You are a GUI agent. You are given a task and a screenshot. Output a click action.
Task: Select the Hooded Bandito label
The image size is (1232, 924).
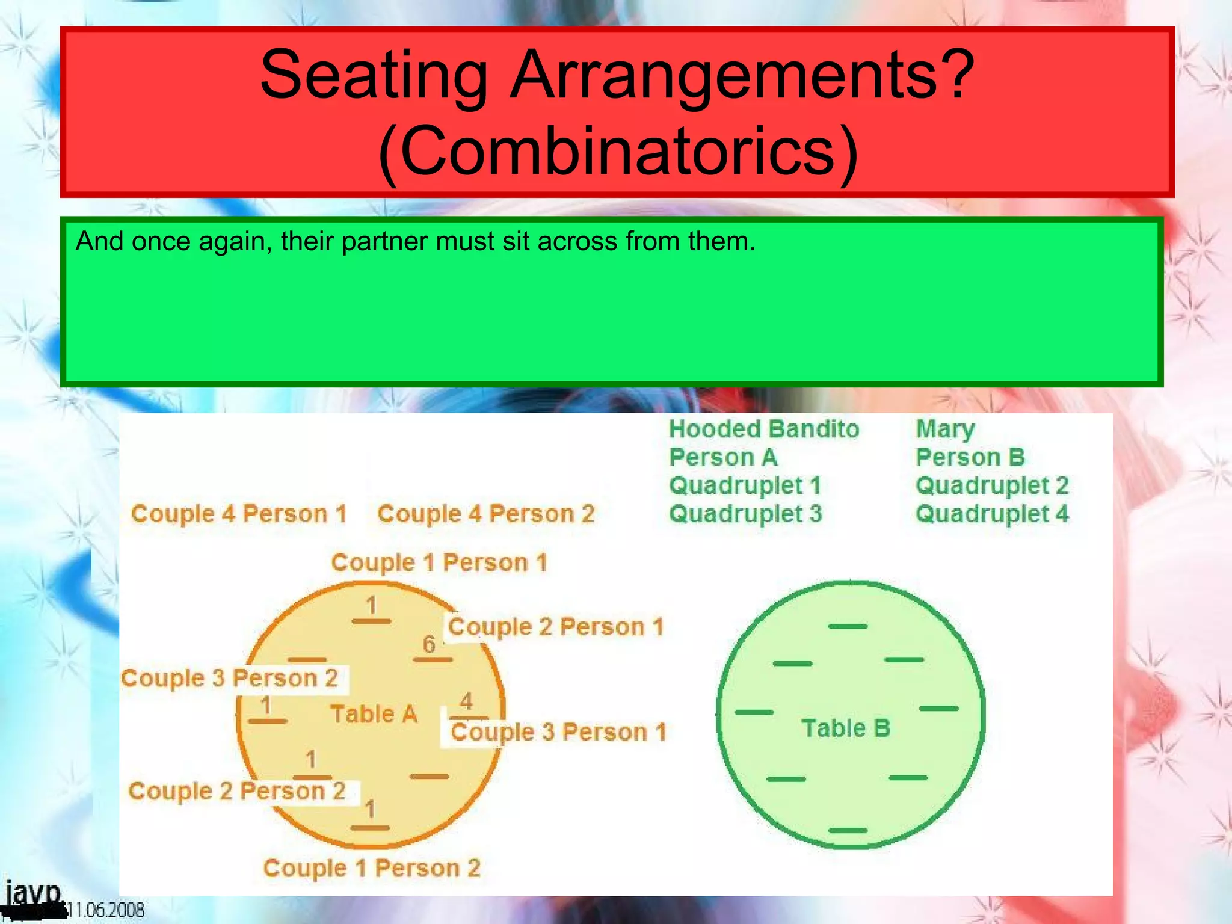(x=764, y=429)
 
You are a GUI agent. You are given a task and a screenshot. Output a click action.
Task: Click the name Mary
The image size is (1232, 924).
(x=944, y=429)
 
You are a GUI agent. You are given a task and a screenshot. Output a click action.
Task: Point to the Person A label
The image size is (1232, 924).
(x=723, y=457)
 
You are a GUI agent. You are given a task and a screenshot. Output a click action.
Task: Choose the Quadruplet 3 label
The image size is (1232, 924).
(x=745, y=514)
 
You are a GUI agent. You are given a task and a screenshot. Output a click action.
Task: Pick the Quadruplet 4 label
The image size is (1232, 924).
(x=992, y=514)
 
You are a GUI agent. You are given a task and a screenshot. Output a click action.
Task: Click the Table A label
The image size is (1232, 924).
(x=374, y=714)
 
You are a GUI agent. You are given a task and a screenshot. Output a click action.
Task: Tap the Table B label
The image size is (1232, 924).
(x=845, y=728)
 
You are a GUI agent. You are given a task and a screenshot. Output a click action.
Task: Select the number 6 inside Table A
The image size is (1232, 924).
(x=429, y=644)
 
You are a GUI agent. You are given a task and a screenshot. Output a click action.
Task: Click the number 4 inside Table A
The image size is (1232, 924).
(x=466, y=701)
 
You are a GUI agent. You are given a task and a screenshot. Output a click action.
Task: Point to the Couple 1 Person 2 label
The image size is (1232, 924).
(x=372, y=868)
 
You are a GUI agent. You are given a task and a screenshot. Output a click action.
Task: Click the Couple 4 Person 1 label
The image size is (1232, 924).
(x=239, y=514)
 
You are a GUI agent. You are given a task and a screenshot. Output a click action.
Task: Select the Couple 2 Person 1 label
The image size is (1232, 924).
(x=555, y=627)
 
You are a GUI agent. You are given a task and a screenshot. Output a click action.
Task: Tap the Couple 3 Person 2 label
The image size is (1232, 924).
(x=229, y=678)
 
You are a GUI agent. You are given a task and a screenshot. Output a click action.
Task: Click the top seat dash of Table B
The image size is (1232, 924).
(x=848, y=626)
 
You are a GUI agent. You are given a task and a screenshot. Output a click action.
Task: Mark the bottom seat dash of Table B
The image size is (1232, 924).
(x=848, y=830)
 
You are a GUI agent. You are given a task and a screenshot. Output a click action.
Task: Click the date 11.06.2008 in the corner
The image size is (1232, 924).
(x=106, y=910)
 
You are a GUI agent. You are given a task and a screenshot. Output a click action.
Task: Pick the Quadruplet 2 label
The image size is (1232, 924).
(x=992, y=485)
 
